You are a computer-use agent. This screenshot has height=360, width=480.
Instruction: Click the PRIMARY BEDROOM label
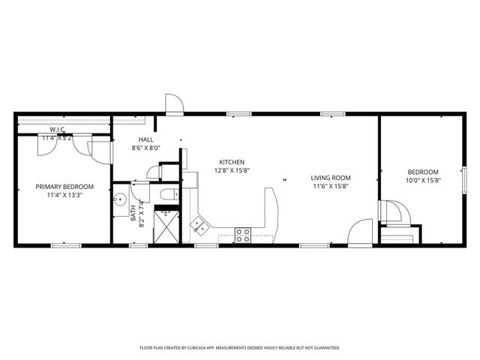(64, 186)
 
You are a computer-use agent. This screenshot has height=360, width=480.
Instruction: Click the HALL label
(146, 139)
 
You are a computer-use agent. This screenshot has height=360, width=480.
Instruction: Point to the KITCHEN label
(232, 162)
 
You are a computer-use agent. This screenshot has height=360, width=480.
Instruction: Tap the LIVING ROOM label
(331, 178)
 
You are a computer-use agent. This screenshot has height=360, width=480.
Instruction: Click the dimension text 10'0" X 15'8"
(423, 180)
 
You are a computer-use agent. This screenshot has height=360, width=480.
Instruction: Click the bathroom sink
(119, 201)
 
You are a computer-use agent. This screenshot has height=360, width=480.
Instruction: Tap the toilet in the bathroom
(168, 195)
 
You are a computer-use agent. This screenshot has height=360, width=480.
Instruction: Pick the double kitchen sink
(199, 223)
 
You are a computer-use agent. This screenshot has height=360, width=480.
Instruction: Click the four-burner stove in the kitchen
(243, 235)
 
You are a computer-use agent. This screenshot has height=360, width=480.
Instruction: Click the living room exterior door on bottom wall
(361, 232)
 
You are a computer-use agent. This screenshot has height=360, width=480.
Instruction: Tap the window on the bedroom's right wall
(465, 180)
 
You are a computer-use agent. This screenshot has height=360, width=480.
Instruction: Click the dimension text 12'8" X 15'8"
(232, 170)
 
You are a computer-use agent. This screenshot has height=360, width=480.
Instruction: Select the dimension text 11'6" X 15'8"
(331, 186)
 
